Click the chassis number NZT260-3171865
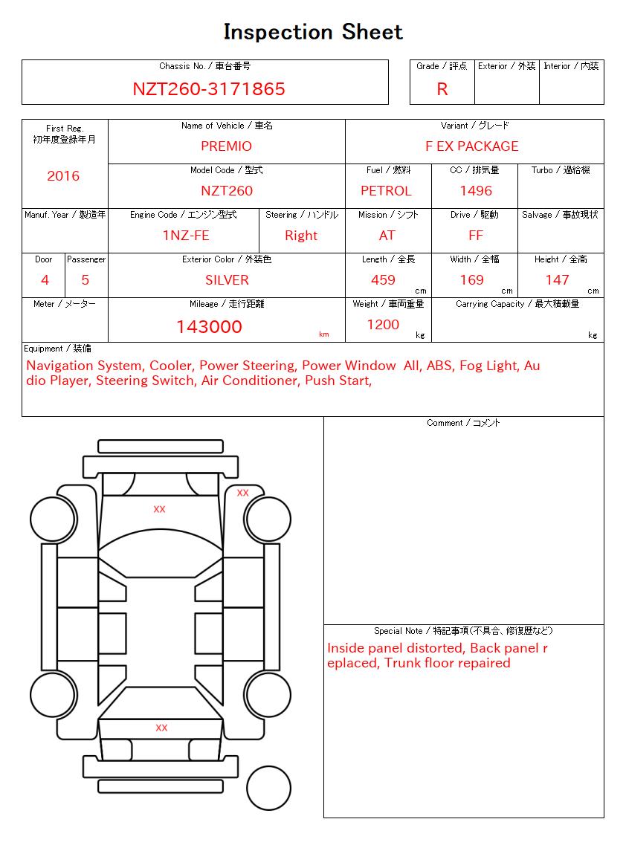(x=209, y=89)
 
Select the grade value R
(x=442, y=89)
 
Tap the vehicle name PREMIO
(x=227, y=146)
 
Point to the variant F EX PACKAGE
(x=472, y=146)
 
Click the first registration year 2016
(x=63, y=176)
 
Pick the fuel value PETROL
(x=386, y=191)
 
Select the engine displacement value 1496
(x=476, y=191)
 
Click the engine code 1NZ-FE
(x=186, y=236)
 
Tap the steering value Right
(x=301, y=236)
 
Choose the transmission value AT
(x=387, y=236)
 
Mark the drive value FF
(x=476, y=236)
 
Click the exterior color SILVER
(x=227, y=280)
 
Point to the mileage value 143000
(x=209, y=327)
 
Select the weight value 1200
(x=383, y=325)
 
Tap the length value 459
(x=383, y=280)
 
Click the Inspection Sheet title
(x=313, y=32)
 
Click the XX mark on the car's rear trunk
(x=161, y=728)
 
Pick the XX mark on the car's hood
(x=159, y=509)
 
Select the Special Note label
(x=463, y=631)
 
